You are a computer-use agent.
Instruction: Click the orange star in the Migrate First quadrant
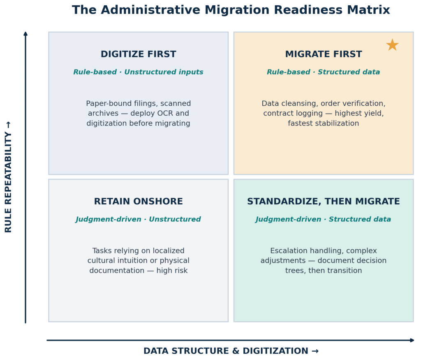click(x=392, y=45)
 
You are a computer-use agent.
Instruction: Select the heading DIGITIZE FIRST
click(x=139, y=54)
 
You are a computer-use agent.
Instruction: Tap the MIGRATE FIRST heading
click(x=324, y=54)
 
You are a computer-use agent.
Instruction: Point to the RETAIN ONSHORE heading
click(x=139, y=202)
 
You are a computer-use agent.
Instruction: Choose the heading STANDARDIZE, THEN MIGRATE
click(x=324, y=202)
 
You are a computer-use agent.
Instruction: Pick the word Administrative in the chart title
click(x=150, y=10)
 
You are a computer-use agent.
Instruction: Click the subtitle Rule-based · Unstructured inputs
click(x=139, y=72)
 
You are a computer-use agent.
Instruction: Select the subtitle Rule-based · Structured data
click(x=324, y=72)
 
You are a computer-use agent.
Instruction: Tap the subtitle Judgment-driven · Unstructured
click(x=139, y=219)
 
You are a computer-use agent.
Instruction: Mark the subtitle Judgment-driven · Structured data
click(x=324, y=219)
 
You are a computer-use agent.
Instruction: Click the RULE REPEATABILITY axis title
click(x=8, y=177)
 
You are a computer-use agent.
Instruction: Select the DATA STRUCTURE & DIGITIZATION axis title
click(x=231, y=351)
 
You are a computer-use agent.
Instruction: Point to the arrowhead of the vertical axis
click(x=25, y=33)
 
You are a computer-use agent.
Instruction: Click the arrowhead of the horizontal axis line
click(x=412, y=340)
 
